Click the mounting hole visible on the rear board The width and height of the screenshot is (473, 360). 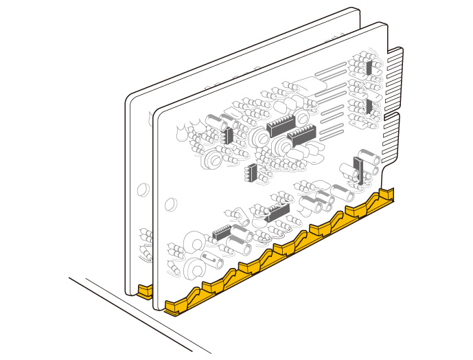coord(142,187)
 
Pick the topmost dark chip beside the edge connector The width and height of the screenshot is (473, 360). coord(369,67)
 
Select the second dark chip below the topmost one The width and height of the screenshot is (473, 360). coord(369,105)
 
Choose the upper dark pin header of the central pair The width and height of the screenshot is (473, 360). coord(280,124)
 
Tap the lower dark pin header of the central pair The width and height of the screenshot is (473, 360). coord(301,135)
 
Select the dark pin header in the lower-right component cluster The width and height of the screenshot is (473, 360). coord(277,213)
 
